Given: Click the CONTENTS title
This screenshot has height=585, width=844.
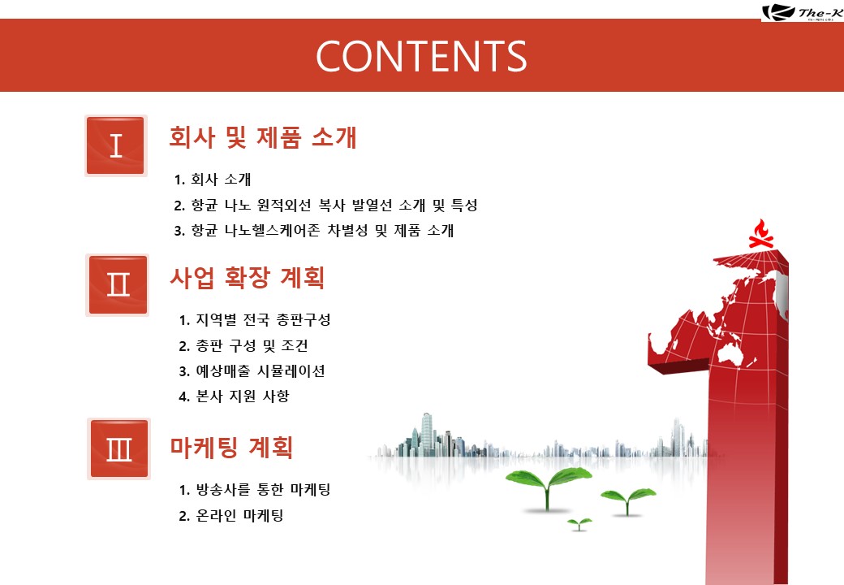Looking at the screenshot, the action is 421,56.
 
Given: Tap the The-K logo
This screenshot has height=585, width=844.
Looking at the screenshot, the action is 802,12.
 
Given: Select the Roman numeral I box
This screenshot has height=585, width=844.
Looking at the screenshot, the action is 116,145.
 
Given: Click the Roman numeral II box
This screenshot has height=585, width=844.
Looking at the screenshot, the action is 118,285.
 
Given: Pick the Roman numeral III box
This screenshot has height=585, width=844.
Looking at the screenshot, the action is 119,448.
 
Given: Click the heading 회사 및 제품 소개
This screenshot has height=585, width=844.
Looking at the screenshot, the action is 263,137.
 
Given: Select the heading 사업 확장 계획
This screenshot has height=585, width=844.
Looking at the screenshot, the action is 248,277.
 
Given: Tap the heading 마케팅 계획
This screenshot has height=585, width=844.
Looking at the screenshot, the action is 232,447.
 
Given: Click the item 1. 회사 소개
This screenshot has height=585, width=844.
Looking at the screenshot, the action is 213,180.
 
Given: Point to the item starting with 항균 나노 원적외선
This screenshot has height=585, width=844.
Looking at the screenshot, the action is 325,205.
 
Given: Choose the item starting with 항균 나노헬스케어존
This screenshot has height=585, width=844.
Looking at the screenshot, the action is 314,231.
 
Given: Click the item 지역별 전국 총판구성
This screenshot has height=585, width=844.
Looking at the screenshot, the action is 255,320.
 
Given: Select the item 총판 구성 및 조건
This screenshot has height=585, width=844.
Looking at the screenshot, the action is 243,345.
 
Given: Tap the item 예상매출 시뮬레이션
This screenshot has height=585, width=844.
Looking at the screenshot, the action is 252,371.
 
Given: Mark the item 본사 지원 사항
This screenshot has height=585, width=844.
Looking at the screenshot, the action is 235,396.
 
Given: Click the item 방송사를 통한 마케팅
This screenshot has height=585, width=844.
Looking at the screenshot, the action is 255,490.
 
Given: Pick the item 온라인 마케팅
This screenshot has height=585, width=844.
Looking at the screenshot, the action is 231,515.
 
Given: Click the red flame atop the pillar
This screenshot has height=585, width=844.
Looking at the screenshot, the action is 761,234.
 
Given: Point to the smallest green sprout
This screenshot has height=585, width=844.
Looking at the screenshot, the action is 579,523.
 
